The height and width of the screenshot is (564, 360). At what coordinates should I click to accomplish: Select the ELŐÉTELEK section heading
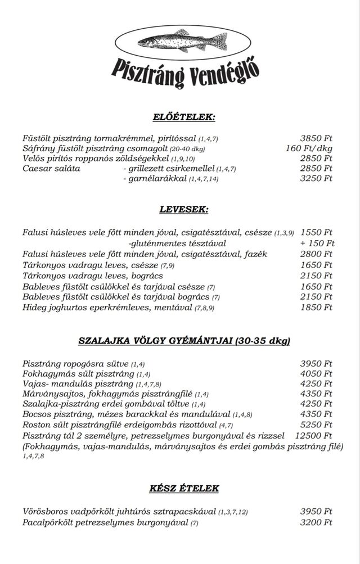click(184, 117)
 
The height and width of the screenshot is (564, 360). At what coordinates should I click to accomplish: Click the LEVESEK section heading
click(184, 210)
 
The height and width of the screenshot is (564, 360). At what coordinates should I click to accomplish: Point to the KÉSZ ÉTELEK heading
click(184, 488)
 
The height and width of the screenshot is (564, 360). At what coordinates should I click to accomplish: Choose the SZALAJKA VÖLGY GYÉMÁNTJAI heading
click(184, 341)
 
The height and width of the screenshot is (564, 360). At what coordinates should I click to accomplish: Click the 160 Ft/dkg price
click(309, 148)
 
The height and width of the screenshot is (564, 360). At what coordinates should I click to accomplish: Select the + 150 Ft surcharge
click(317, 243)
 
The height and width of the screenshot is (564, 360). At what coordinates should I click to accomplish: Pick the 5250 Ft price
click(316, 425)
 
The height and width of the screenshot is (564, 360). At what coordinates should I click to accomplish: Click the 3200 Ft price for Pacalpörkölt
click(316, 522)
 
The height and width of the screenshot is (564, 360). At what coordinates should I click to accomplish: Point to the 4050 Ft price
click(316, 374)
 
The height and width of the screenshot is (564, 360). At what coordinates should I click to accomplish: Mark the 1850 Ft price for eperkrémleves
click(316, 308)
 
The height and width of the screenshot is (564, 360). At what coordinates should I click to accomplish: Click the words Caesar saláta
click(51, 168)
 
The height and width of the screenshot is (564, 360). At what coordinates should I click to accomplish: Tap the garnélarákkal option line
click(170, 179)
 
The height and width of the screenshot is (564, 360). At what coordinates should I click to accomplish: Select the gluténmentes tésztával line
click(177, 243)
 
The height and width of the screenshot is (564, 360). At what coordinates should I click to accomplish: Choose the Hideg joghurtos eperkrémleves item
click(107, 308)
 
